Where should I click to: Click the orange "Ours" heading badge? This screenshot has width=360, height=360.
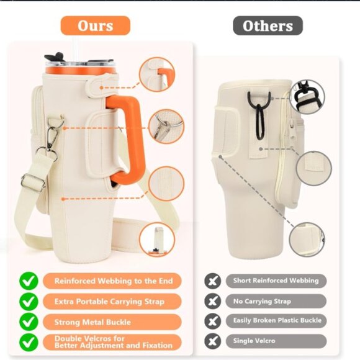[95, 25]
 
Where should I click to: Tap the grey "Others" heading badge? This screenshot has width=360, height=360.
[268, 25]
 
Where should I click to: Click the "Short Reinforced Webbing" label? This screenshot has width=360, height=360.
[276, 281]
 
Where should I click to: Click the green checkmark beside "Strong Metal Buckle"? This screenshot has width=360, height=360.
[29, 322]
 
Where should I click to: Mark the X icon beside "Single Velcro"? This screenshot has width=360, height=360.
[213, 341]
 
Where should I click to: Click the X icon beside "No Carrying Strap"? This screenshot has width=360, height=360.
[213, 301]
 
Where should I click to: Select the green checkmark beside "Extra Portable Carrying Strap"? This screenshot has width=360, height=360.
[29, 301]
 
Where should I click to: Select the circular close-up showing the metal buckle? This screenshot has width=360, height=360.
[166, 126]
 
